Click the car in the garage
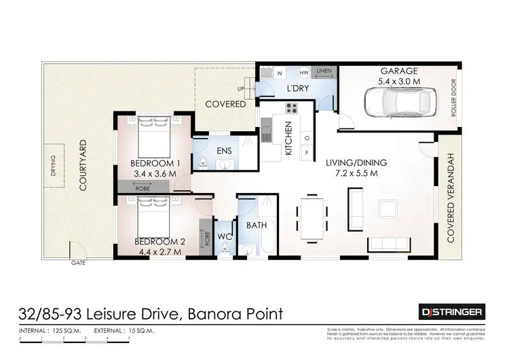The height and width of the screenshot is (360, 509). point(398,105)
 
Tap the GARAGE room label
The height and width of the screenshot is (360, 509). point(399,71)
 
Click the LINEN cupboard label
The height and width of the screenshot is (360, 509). point(324,71)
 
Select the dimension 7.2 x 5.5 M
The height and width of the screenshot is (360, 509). point(356,174)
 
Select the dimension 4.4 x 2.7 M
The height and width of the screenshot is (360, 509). point(157,252)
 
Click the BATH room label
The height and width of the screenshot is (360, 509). point(256,225)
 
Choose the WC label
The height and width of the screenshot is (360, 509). point(224,237)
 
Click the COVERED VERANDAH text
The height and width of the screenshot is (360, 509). point(449,198)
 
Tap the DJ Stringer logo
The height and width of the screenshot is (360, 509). point(450,312)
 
